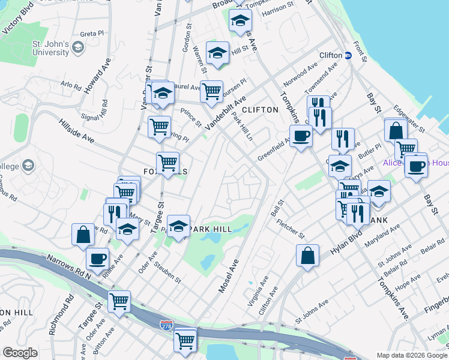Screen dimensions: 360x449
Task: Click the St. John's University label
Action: [50, 48]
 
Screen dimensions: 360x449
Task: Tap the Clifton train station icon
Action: [348, 55]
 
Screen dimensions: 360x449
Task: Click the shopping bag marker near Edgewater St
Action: [396, 131]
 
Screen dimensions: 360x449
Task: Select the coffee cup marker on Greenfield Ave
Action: [301, 136]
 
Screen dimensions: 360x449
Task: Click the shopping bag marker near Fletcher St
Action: [307, 256]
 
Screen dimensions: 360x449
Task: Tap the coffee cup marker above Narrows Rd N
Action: [97, 260]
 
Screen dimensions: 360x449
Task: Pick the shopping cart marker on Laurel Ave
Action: [211, 92]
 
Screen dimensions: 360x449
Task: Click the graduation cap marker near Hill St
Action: [217, 53]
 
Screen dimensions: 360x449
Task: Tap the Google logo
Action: [20, 353]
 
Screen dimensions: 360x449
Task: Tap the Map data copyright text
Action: [411, 355]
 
